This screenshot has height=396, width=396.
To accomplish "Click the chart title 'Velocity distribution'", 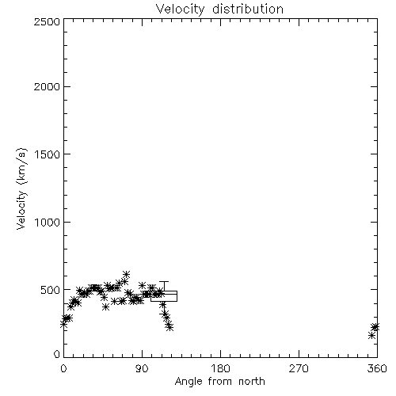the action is [x=219, y=9].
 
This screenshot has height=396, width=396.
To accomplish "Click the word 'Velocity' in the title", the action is [x=180, y=10].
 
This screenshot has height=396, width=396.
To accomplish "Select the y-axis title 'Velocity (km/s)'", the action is [x=21, y=189].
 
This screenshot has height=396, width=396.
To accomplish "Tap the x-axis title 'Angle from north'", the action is [x=219, y=381].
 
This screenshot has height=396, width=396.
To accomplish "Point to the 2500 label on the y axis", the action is [x=47, y=21].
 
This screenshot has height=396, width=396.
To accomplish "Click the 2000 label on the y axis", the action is [x=47, y=86].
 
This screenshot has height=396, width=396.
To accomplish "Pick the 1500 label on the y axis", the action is [x=48, y=154].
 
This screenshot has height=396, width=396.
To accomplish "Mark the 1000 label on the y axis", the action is [x=48, y=222].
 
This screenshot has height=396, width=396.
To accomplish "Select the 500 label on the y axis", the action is [x=51, y=290].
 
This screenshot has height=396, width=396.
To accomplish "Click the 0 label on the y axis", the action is [x=57, y=354].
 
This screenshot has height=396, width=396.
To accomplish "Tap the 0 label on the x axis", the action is [x=63, y=368].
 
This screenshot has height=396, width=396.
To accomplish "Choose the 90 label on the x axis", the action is [x=142, y=368].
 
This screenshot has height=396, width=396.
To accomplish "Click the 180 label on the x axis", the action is [x=220, y=368].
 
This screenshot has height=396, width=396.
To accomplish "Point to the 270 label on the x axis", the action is [x=299, y=368].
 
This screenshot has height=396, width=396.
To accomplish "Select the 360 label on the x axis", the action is [x=377, y=368].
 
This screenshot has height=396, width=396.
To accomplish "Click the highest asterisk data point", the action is [x=126, y=274].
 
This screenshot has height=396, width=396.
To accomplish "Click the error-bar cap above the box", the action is [x=164, y=282].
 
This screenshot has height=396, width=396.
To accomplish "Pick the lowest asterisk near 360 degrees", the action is [x=372, y=336].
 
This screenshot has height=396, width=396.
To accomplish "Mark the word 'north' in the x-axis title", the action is [x=251, y=381].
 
